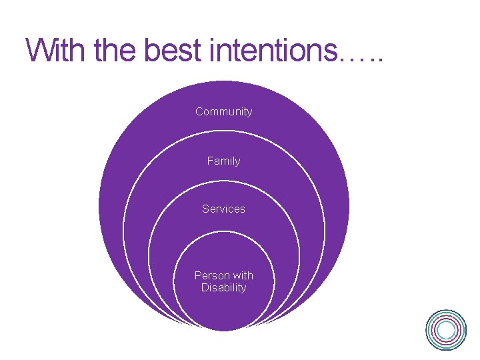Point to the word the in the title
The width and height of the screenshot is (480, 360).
113,50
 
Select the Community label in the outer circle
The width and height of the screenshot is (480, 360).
223,111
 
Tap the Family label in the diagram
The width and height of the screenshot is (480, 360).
223,161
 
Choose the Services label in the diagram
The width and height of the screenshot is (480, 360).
223,209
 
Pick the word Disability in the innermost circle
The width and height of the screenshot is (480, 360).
223,288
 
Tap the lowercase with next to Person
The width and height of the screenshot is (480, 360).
242,275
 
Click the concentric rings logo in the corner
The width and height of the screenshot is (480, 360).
446,329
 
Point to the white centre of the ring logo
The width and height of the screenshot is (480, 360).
447,329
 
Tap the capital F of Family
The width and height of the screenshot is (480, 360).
210,161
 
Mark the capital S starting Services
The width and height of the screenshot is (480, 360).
205,209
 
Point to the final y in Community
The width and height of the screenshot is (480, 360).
249,113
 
